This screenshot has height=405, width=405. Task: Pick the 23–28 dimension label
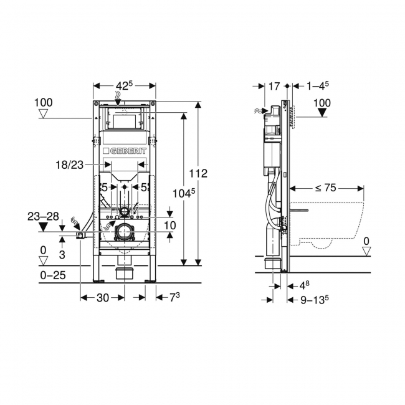pyautogui.click(x=43, y=217)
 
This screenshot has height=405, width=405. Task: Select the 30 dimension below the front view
pyautogui.click(x=102, y=298)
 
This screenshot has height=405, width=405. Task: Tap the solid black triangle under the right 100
pyautogui.click(x=322, y=113)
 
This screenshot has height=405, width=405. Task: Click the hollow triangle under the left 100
pyautogui.click(x=44, y=113)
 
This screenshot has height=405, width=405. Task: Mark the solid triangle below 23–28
pyautogui.click(x=43, y=227)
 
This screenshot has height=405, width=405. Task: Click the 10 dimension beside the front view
pyautogui.click(x=169, y=225)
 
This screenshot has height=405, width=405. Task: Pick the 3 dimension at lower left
pyautogui.click(x=62, y=254)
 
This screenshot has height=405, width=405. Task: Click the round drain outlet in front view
pyautogui.click(x=125, y=231)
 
